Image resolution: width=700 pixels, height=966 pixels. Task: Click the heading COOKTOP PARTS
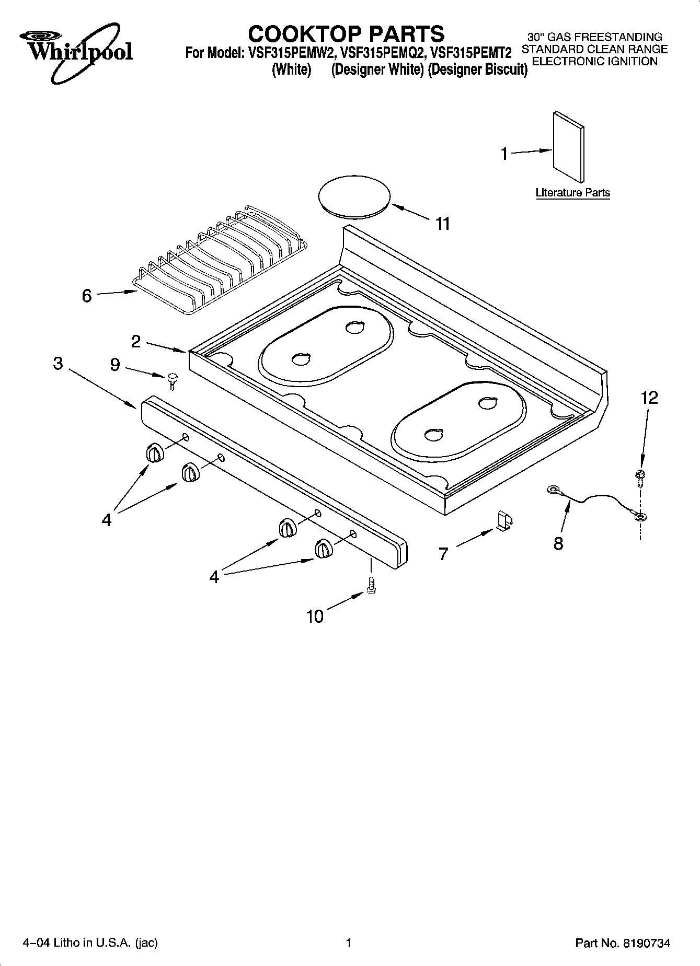click(x=346, y=34)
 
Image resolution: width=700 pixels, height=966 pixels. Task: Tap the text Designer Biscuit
click(x=477, y=69)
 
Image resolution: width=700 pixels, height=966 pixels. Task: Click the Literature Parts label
click(x=572, y=193)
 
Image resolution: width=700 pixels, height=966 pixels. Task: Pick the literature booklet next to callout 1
click(x=568, y=147)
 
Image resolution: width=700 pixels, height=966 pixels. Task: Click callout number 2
click(x=136, y=342)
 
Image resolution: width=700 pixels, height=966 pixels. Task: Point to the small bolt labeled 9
click(x=172, y=380)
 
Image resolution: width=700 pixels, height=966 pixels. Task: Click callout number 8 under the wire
click(x=558, y=544)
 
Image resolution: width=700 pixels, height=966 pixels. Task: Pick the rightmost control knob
click(x=323, y=550)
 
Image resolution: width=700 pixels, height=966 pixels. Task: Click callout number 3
click(x=58, y=364)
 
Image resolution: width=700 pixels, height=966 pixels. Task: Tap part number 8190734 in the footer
click(x=646, y=943)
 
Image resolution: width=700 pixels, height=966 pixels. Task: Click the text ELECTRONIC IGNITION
click(x=594, y=62)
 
